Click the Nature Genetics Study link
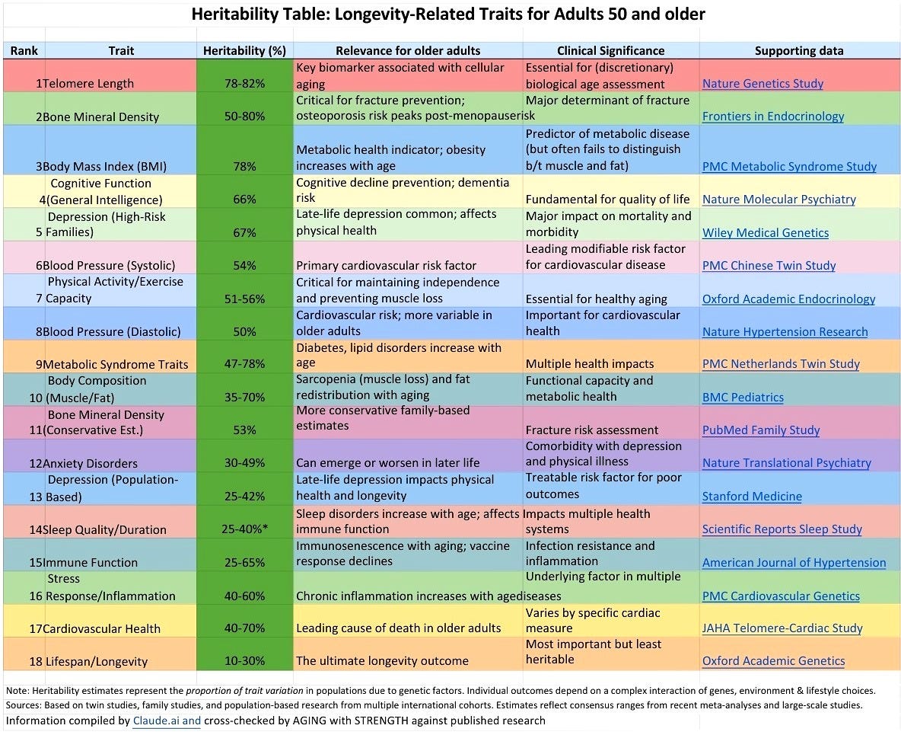763,84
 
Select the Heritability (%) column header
244,51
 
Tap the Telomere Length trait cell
88,84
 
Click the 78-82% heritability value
244,84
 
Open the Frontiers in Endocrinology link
772,117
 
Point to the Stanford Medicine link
752,497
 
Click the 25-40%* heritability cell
244,529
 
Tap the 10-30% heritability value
244,661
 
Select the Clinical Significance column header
610,51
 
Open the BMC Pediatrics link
743,397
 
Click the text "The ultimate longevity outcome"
382,661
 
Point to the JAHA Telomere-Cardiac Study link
782,628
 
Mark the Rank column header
24,51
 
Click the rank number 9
37,364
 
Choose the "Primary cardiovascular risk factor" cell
386,265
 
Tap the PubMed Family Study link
761,430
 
